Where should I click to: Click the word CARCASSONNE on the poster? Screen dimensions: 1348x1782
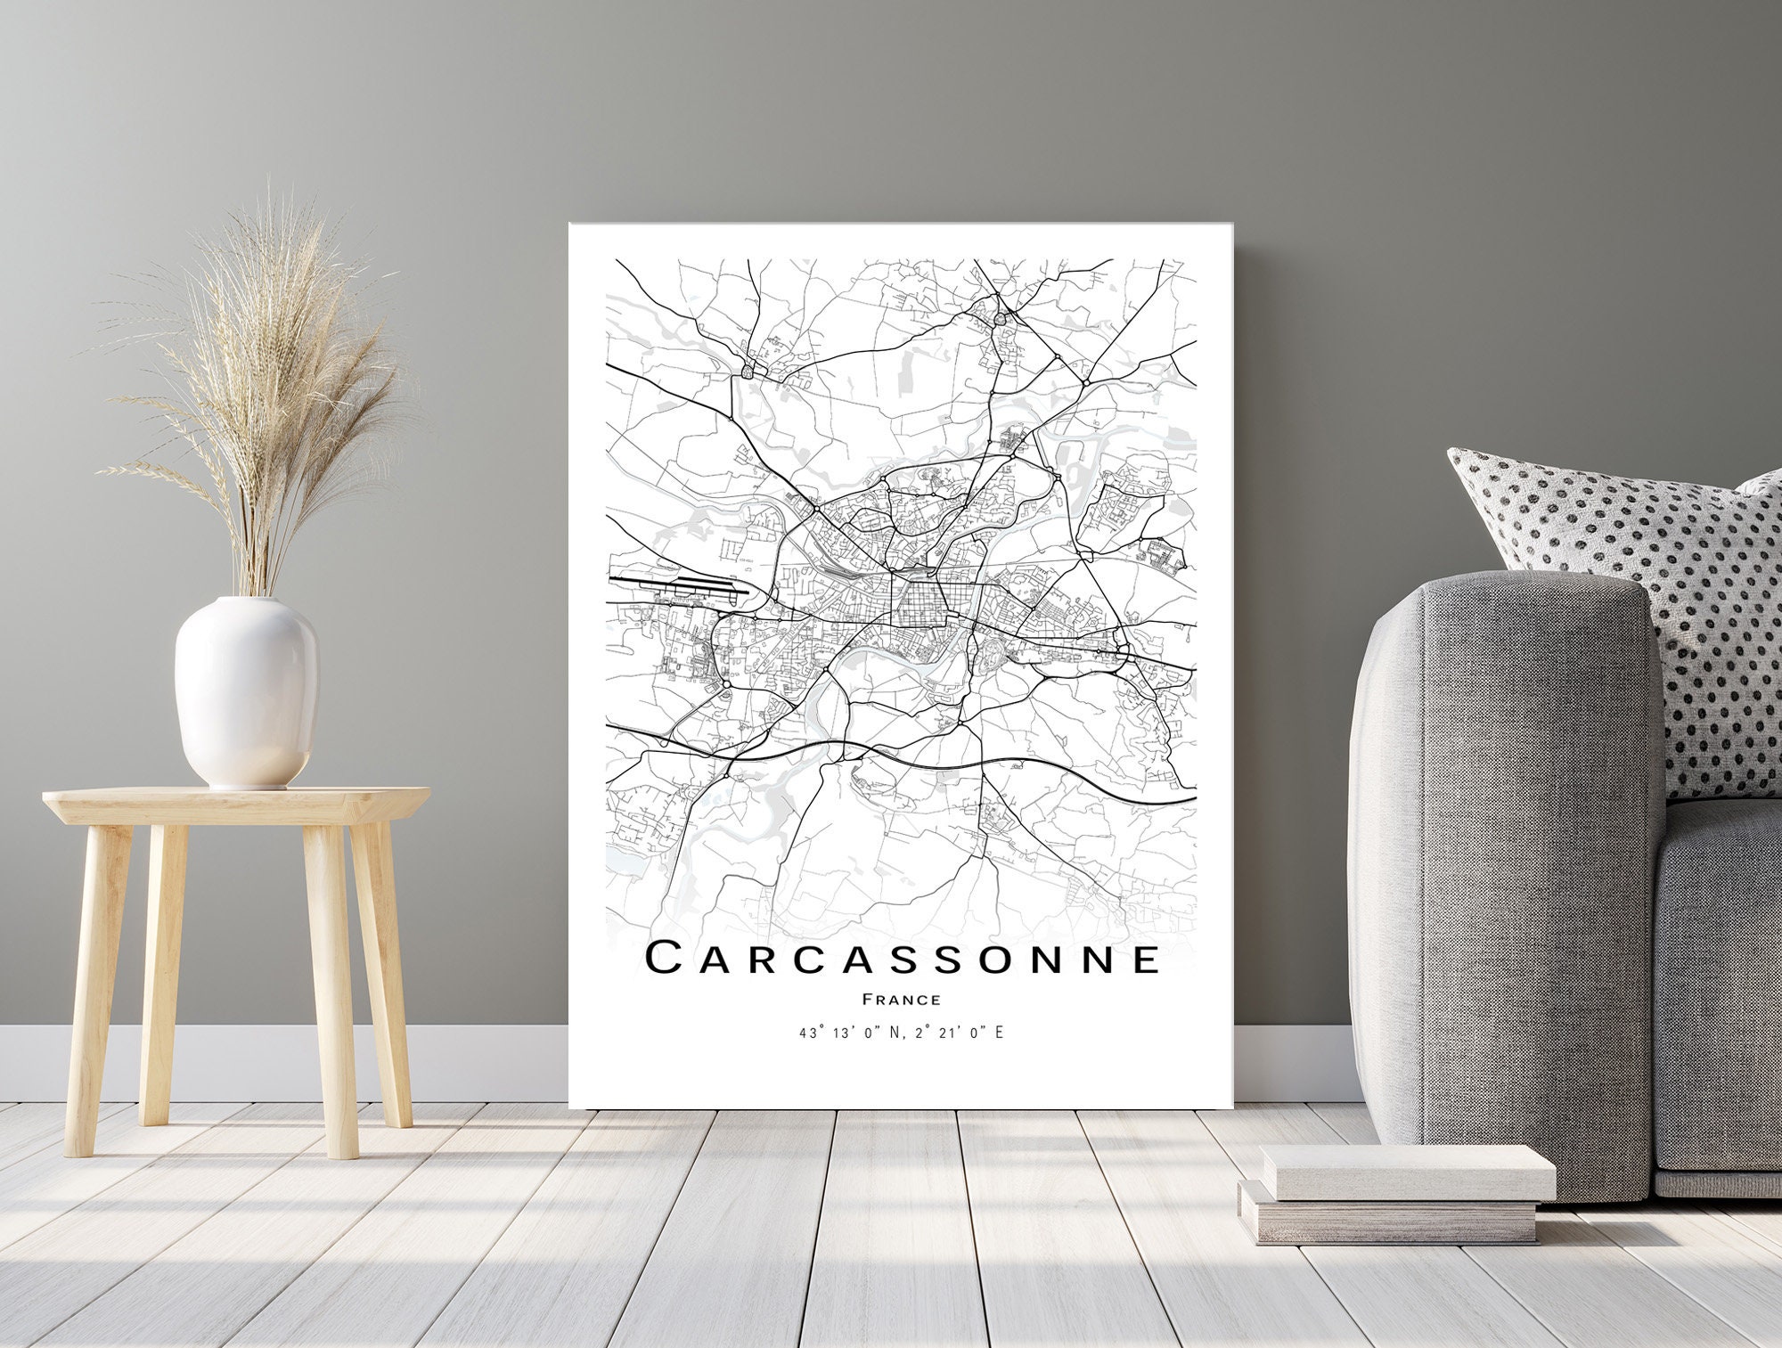(x=902, y=959)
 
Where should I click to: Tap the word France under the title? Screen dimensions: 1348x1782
(x=902, y=1000)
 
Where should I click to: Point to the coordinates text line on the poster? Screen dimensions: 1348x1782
(x=902, y=1033)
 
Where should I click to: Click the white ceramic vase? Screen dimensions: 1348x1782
(x=246, y=690)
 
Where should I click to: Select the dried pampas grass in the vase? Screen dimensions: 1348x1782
(x=267, y=383)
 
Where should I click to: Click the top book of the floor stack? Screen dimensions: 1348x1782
(x=1408, y=1172)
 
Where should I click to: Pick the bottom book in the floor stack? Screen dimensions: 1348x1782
(x=1390, y=1216)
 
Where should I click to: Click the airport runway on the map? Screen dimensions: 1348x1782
(x=677, y=585)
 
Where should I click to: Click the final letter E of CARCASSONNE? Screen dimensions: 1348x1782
(x=1148, y=959)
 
